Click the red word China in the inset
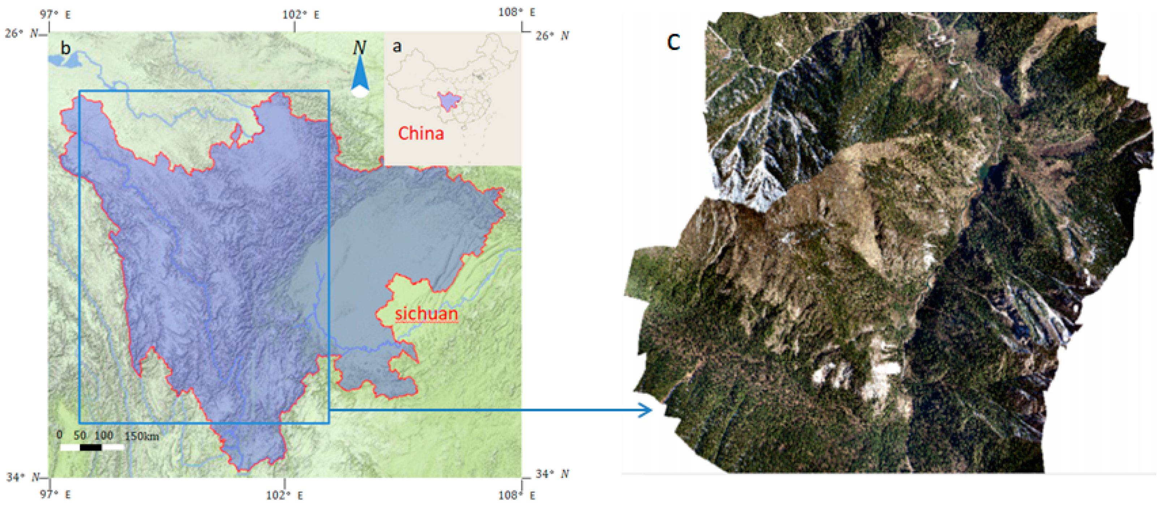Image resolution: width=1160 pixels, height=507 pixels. tap(421, 133)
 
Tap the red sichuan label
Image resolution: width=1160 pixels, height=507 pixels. tap(426, 314)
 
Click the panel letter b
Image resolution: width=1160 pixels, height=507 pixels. tap(66, 48)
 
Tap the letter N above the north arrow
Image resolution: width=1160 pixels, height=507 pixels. tap(359, 48)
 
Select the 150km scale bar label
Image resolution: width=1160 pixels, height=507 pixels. tap(141, 436)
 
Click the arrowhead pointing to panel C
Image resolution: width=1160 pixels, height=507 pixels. tap(646, 410)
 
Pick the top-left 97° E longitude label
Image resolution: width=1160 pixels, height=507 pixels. tap(55, 14)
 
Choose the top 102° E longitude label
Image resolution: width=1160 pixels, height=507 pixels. tap(300, 15)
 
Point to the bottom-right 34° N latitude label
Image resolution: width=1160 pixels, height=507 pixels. tap(552, 474)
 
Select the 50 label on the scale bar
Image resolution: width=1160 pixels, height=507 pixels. tap(80, 435)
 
